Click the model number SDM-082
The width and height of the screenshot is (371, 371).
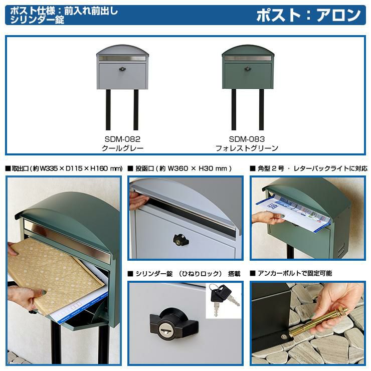[x=122, y=139]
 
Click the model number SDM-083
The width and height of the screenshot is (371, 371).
[x=247, y=139]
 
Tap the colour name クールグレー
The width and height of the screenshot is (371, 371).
[x=122, y=148]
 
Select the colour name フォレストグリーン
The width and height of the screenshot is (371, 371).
[x=247, y=148]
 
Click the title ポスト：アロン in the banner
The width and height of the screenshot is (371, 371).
[x=308, y=15]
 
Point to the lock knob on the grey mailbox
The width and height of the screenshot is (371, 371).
[x=122, y=69]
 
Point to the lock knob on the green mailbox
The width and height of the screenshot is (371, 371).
[x=248, y=69]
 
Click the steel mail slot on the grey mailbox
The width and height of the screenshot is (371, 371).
[x=122, y=59]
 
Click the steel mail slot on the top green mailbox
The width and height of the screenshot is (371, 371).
[x=248, y=58]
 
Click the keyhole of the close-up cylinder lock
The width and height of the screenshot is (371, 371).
[x=164, y=329]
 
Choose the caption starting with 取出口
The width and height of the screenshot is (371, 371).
[x=64, y=168]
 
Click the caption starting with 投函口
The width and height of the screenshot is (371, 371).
[x=179, y=168]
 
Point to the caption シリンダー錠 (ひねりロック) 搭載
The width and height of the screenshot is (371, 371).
[x=184, y=274]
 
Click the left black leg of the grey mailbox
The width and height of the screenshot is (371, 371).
[x=108, y=110]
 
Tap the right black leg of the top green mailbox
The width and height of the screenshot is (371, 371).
[x=261, y=110]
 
